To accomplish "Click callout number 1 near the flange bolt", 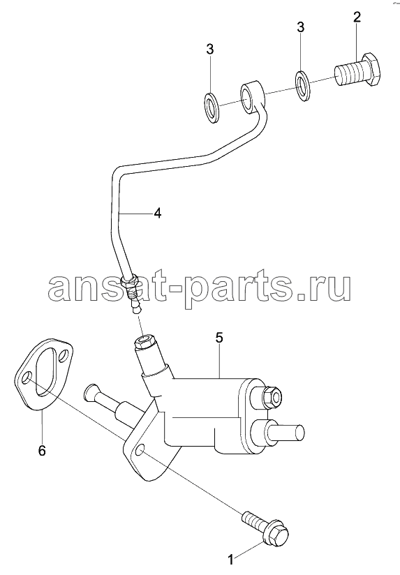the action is click(230, 560).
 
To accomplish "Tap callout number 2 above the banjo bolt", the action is click(357, 17).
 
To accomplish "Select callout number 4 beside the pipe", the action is click(157, 213).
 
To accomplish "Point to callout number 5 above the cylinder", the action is click(219, 338).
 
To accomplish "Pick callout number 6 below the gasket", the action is click(42, 450).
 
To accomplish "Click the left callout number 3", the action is click(209, 49).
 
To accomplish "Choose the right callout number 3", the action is click(301, 27).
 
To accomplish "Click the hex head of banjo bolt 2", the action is click(371, 70).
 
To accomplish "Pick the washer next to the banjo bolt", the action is click(303, 86).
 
